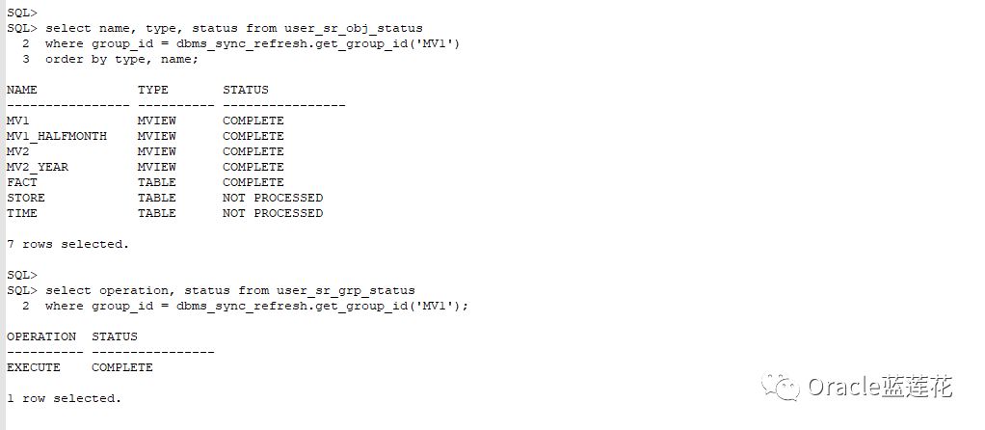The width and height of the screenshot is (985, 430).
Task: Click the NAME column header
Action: pos(22,90)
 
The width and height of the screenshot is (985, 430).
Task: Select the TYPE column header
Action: pos(152,90)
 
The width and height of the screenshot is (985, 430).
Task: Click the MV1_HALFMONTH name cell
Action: pos(57,136)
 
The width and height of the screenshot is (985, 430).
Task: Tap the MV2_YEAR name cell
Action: pos(38,167)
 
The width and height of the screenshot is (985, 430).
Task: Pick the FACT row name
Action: pos(22,182)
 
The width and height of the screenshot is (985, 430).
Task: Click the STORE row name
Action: pos(26,198)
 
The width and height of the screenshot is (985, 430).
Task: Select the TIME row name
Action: pos(22,213)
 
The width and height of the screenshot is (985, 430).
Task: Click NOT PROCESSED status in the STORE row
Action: pos(273,198)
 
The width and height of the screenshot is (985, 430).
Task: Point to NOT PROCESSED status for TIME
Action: pos(273,213)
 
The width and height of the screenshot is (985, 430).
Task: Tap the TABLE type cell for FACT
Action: pos(156,182)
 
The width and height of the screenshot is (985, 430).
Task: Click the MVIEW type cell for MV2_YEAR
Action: pos(156,167)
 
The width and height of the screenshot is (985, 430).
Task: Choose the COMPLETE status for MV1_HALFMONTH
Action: pos(253,136)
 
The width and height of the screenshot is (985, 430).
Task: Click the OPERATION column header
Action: pos(41,336)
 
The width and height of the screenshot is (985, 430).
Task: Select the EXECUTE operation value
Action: pos(34,367)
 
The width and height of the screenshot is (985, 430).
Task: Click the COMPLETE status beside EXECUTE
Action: pos(122,367)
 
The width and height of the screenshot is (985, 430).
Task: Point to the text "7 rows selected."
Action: pos(67,244)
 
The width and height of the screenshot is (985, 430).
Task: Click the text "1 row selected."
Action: pos(64,398)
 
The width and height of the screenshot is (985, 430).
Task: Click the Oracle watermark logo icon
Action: pos(780,387)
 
